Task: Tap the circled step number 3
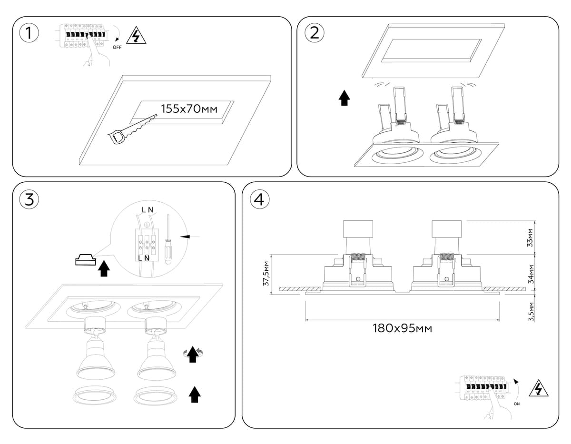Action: click(30, 199)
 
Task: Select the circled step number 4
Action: click(259, 199)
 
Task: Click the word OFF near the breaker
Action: click(117, 48)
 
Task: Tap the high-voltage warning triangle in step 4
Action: click(538, 389)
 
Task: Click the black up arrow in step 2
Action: click(345, 99)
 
